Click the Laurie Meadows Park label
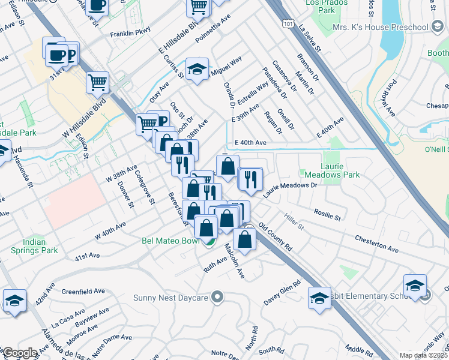pos(339,169)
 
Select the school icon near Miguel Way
pos(197,70)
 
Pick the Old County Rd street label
pos(276,237)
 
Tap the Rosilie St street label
pos(327,213)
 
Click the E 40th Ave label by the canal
pos(250,143)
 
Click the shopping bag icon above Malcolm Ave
pos(245,239)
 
